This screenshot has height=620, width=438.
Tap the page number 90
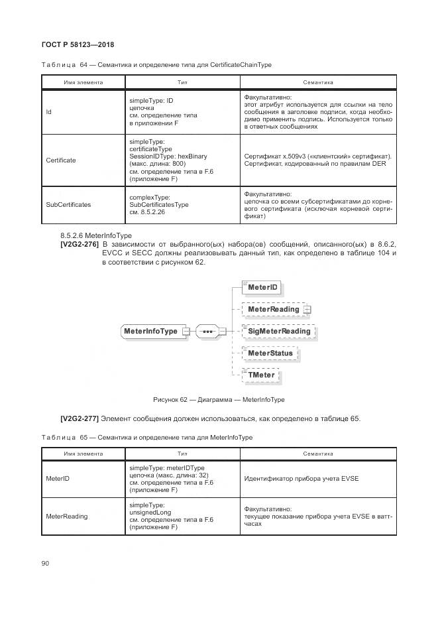(x=45, y=563)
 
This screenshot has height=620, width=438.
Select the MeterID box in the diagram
(x=263, y=288)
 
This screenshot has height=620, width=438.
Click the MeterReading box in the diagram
(x=273, y=309)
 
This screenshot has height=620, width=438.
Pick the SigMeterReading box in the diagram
(x=278, y=331)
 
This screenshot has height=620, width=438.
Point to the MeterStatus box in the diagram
(x=270, y=353)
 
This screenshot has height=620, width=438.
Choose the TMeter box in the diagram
(x=261, y=375)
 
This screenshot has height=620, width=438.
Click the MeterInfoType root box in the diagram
(x=150, y=331)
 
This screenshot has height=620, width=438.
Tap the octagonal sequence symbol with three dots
(x=207, y=331)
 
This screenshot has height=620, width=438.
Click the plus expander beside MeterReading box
(x=307, y=310)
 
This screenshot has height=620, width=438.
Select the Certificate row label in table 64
(x=61, y=160)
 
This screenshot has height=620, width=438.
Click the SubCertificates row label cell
(x=68, y=205)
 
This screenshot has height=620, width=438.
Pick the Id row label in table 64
(x=49, y=112)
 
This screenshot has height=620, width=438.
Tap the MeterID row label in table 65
(x=58, y=479)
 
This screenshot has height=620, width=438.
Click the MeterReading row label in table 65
(x=66, y=516)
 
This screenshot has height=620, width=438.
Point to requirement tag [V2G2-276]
(x=80, y=245)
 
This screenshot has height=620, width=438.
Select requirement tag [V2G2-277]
(x=80, y=418)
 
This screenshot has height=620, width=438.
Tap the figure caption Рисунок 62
(x=219, y=400)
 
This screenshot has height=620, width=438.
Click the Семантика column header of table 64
(x=318, y=83)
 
